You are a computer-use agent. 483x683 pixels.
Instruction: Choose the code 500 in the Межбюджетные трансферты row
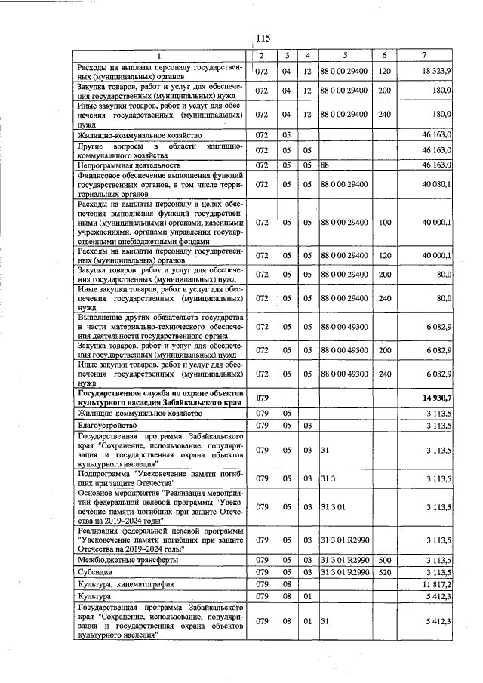tap(384, 561)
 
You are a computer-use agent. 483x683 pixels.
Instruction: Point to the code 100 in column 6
tap(384, 223)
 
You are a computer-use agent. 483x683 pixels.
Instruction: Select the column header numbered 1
tap(160, 56)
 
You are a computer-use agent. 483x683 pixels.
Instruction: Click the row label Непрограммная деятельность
tap(129, 165)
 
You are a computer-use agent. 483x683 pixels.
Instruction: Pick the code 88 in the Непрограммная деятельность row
tap(326, 165)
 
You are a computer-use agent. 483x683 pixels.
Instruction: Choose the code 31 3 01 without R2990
tap(333, 507)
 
